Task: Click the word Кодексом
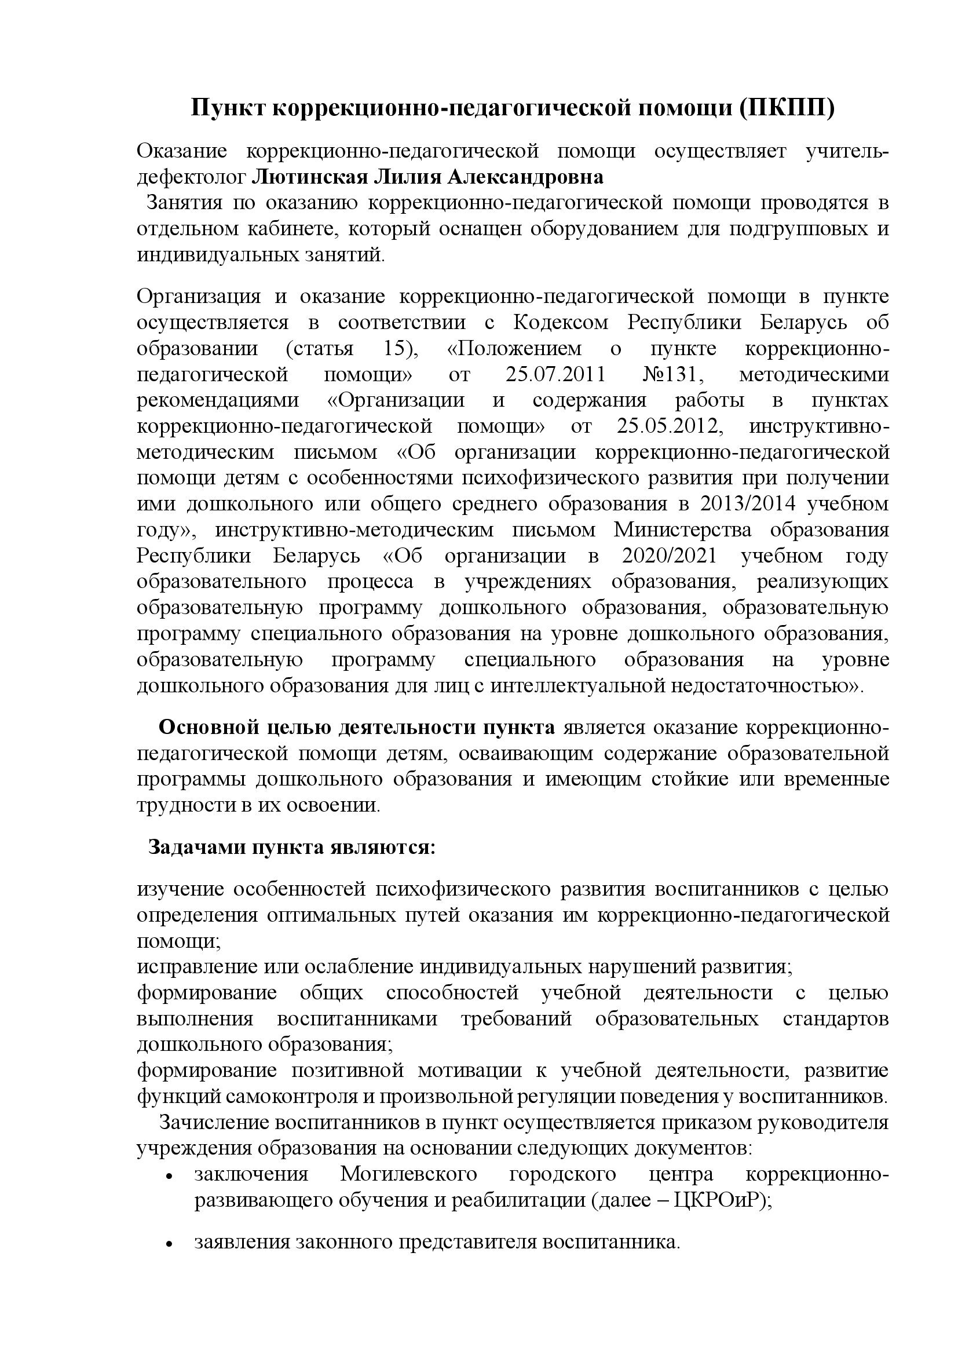pos(561,323)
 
